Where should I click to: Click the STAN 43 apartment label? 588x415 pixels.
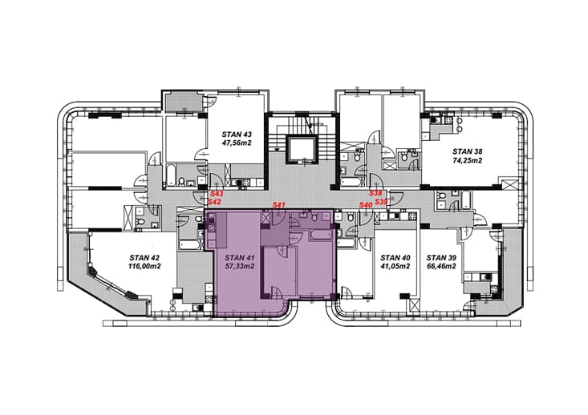click(x=237, y=134)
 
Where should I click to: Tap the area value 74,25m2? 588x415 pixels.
click(x=467, y=161)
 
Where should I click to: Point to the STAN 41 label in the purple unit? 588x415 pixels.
click(x=240, y=258)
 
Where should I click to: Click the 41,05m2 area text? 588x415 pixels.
click(x=395, y=267)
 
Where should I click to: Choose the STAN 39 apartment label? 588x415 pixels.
click(x=441, y=258)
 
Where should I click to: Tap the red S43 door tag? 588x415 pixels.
click(x=217, y=194)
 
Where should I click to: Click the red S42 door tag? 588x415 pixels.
click(x=214, y=202)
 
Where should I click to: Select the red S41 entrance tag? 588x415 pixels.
click(x=279, y=205)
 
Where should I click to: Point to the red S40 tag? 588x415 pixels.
click(x=366, y=205)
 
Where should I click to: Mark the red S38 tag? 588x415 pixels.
click(x=375, y=193)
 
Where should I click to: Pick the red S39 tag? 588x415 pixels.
click(x=381, y=202)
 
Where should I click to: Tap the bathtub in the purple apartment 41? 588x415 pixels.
click(x=320, y=236)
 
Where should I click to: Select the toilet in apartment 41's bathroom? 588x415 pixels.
click(x=314, y=216)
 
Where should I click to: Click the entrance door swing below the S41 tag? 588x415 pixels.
click(x=280, y=219)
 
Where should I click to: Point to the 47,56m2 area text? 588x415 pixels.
click(x=237, y=143)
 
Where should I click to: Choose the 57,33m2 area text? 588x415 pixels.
click(x=240, y=267)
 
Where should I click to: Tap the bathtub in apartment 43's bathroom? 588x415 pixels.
click(x=169, y=175)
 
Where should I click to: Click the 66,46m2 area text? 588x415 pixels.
click(x=441, y=267)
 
